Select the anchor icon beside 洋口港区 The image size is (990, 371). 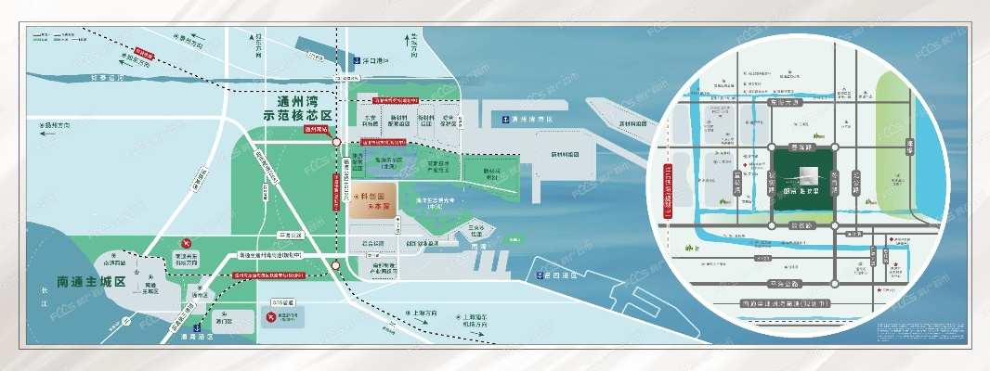[x=354, y=61]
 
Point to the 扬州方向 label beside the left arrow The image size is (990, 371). [x=59, y=122]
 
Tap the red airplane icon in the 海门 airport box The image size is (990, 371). [x=271, y=318]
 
